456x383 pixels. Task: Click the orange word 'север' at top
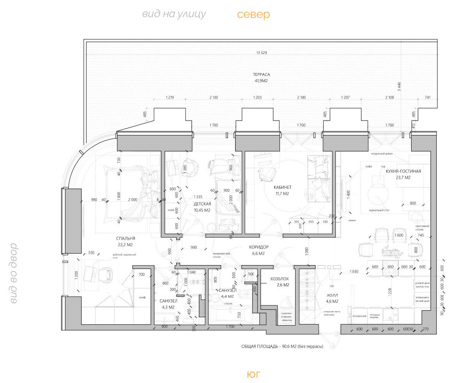253,15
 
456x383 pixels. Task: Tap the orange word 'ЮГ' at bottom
253,374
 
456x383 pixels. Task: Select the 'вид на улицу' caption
174,14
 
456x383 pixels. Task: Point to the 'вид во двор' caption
14,273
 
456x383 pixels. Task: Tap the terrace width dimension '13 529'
262,53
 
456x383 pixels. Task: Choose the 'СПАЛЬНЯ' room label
126,239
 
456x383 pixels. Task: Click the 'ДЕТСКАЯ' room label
202,204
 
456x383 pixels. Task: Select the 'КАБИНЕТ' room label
282,188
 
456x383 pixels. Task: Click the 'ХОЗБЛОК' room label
280,278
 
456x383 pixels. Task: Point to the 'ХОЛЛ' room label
332,295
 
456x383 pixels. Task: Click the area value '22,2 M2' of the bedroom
125,245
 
